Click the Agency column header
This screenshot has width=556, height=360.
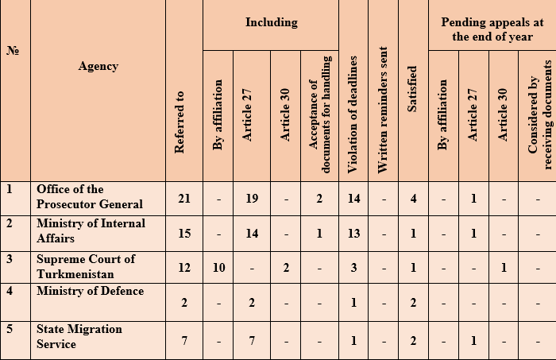coord(98,66)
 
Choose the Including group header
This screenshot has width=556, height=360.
coord(271,22)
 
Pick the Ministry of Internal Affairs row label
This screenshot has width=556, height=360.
coord(91,231)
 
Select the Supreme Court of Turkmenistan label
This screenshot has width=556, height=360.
coord(86,266)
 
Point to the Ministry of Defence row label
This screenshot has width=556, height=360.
coord(90,291)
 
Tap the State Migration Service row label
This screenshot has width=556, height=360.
coord(79,336)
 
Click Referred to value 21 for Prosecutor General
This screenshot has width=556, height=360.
coord(184,198)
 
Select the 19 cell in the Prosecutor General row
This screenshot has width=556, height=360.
coord(251,198)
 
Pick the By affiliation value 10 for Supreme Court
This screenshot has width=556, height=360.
coord(218,268)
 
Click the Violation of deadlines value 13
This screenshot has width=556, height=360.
coord(353,233)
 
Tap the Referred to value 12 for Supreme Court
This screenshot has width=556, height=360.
coord(184,268)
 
